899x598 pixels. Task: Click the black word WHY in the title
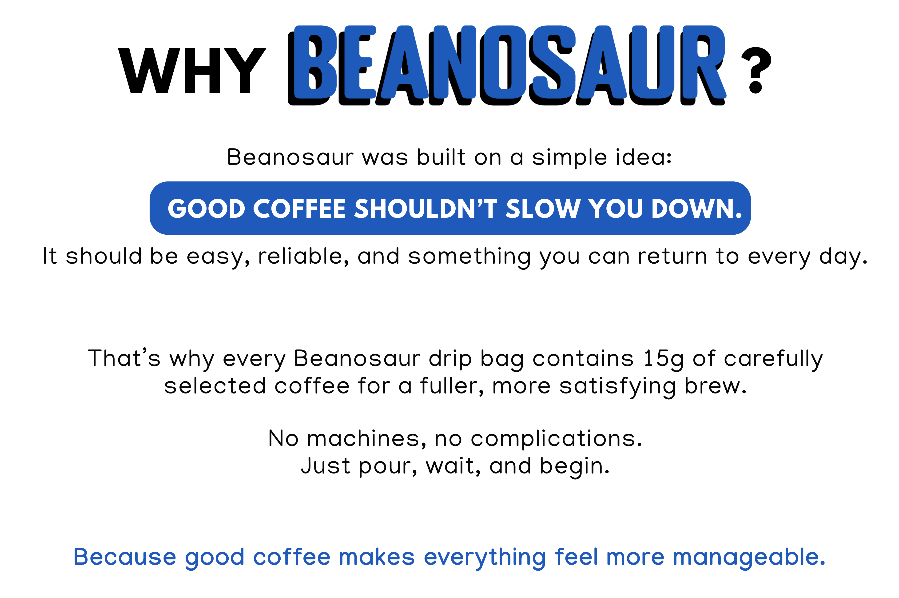(x=192, y=71)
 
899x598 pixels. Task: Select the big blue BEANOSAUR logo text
(x=507, y=65)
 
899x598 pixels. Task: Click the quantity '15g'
(x=663, y=360)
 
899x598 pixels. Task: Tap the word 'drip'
(x=450, y=360)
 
